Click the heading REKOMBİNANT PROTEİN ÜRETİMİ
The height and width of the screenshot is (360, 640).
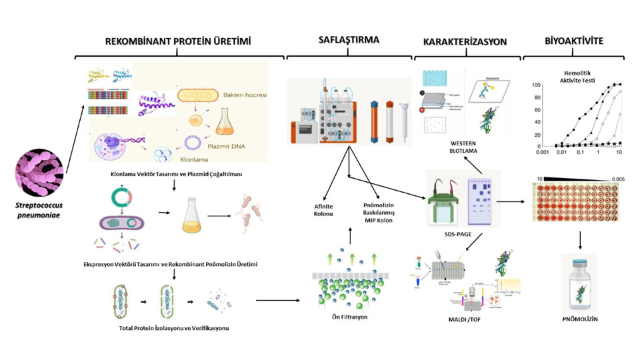tap(178, 41)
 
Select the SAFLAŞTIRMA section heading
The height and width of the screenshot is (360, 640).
tap(349, 40)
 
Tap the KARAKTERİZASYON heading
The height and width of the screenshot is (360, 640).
tap(465, 41)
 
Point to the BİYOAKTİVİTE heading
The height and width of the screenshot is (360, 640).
tap(573, 41)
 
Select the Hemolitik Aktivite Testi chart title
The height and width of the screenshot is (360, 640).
tap(575, 76)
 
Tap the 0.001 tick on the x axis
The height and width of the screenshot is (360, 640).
tap(541, 153)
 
